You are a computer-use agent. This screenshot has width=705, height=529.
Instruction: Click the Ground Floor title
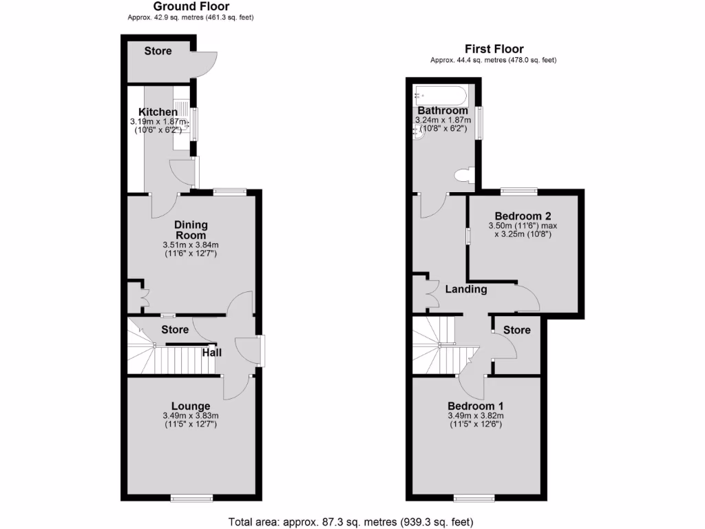[191, 6]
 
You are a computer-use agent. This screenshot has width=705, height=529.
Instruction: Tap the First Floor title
[494, 49]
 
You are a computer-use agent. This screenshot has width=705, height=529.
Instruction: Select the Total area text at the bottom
[351, 521]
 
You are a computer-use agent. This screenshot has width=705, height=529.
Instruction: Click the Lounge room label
[191, 406]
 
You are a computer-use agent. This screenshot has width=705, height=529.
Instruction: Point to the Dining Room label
[191, 230]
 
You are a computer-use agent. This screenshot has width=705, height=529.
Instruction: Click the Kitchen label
[158, 112]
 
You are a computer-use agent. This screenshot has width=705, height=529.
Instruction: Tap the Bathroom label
[442, 111]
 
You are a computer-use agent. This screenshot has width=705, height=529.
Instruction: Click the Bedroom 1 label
[476, 405]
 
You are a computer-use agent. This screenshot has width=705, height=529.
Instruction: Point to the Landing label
[466, 289]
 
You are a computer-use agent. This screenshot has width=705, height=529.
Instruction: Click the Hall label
[211, 353]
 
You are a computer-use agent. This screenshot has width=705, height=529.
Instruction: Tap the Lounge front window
[191, 497]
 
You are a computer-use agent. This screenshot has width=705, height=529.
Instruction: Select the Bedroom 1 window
[474, 497]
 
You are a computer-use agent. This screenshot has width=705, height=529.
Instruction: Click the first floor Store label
[516, 330]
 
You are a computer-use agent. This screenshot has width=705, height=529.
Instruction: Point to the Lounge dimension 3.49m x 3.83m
[191, 416]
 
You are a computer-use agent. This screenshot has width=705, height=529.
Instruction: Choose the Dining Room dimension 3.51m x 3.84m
[191, 245]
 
